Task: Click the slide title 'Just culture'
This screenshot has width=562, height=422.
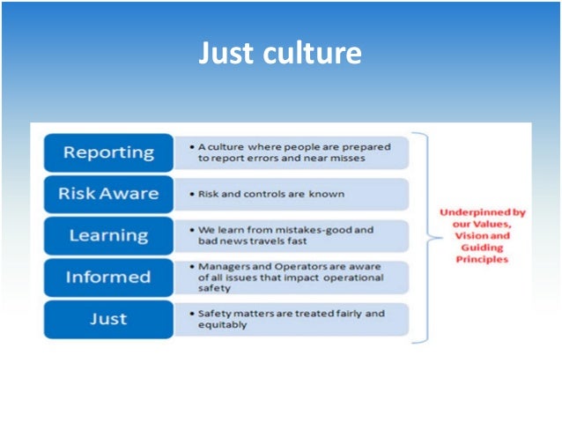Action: [x=280, y=53]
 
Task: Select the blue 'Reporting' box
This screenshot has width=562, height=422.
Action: [x=108, y=152]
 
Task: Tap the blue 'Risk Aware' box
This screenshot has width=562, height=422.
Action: [x=108, y=194]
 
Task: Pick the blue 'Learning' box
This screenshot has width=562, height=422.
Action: [x=108, y=235]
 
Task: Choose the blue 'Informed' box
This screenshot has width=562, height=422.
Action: [x=108, y=277]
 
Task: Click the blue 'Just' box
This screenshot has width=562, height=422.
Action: [x=108, y=318]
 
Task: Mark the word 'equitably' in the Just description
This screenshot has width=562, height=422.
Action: [x=224, y=324]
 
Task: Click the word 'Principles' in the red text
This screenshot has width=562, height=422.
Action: [x=482, y=260]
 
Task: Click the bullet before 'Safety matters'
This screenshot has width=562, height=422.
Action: [x=191, y=313]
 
